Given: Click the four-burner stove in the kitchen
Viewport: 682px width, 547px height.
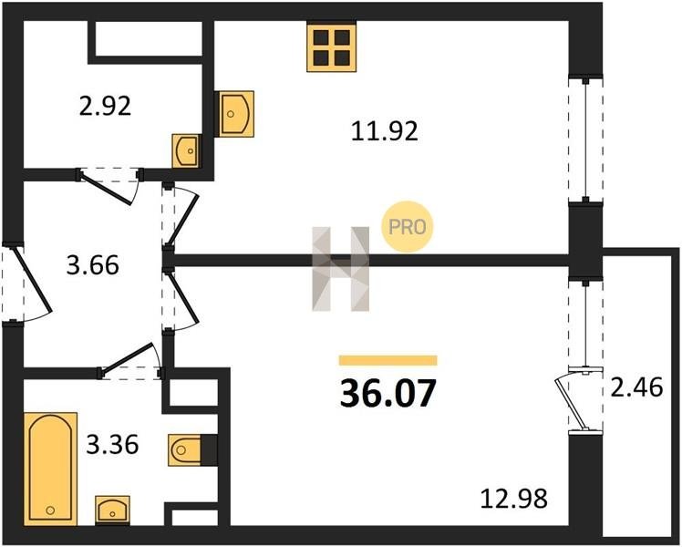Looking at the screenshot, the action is click(x=332, y=46).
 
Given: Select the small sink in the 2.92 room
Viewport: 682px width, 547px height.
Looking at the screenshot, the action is click(x=187, y=150).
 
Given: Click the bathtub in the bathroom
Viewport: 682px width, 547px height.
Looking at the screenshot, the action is click(x=51, y=469).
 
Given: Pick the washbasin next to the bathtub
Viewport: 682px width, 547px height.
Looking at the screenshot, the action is click(x=112, y=510).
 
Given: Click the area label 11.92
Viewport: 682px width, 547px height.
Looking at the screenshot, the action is click(x=384, y=131).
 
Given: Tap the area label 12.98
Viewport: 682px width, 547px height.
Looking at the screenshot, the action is click(x=513, y=499).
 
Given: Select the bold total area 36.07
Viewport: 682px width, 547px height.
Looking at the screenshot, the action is click(x=387, y=394).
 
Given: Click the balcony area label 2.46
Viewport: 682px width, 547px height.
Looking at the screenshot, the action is click(x=636, y=387).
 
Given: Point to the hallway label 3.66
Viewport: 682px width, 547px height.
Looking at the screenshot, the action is click(x=92, y=265).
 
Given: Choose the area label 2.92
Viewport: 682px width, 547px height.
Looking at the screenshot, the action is click(x=105, y=106).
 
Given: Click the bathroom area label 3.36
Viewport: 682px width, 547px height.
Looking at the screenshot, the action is click(x=112, y=444).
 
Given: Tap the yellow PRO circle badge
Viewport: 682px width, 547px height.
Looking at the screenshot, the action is click(x=408, y=226).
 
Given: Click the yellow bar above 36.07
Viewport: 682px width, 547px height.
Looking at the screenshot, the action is click(x=388, y=360).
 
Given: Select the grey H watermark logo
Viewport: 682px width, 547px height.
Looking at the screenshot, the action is click(x=341, y=269).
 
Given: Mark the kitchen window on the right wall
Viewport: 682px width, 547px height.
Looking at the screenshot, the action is click(x=586, y=139).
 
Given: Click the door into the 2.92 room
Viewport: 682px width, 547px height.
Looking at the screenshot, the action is click(x=109, y=186).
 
